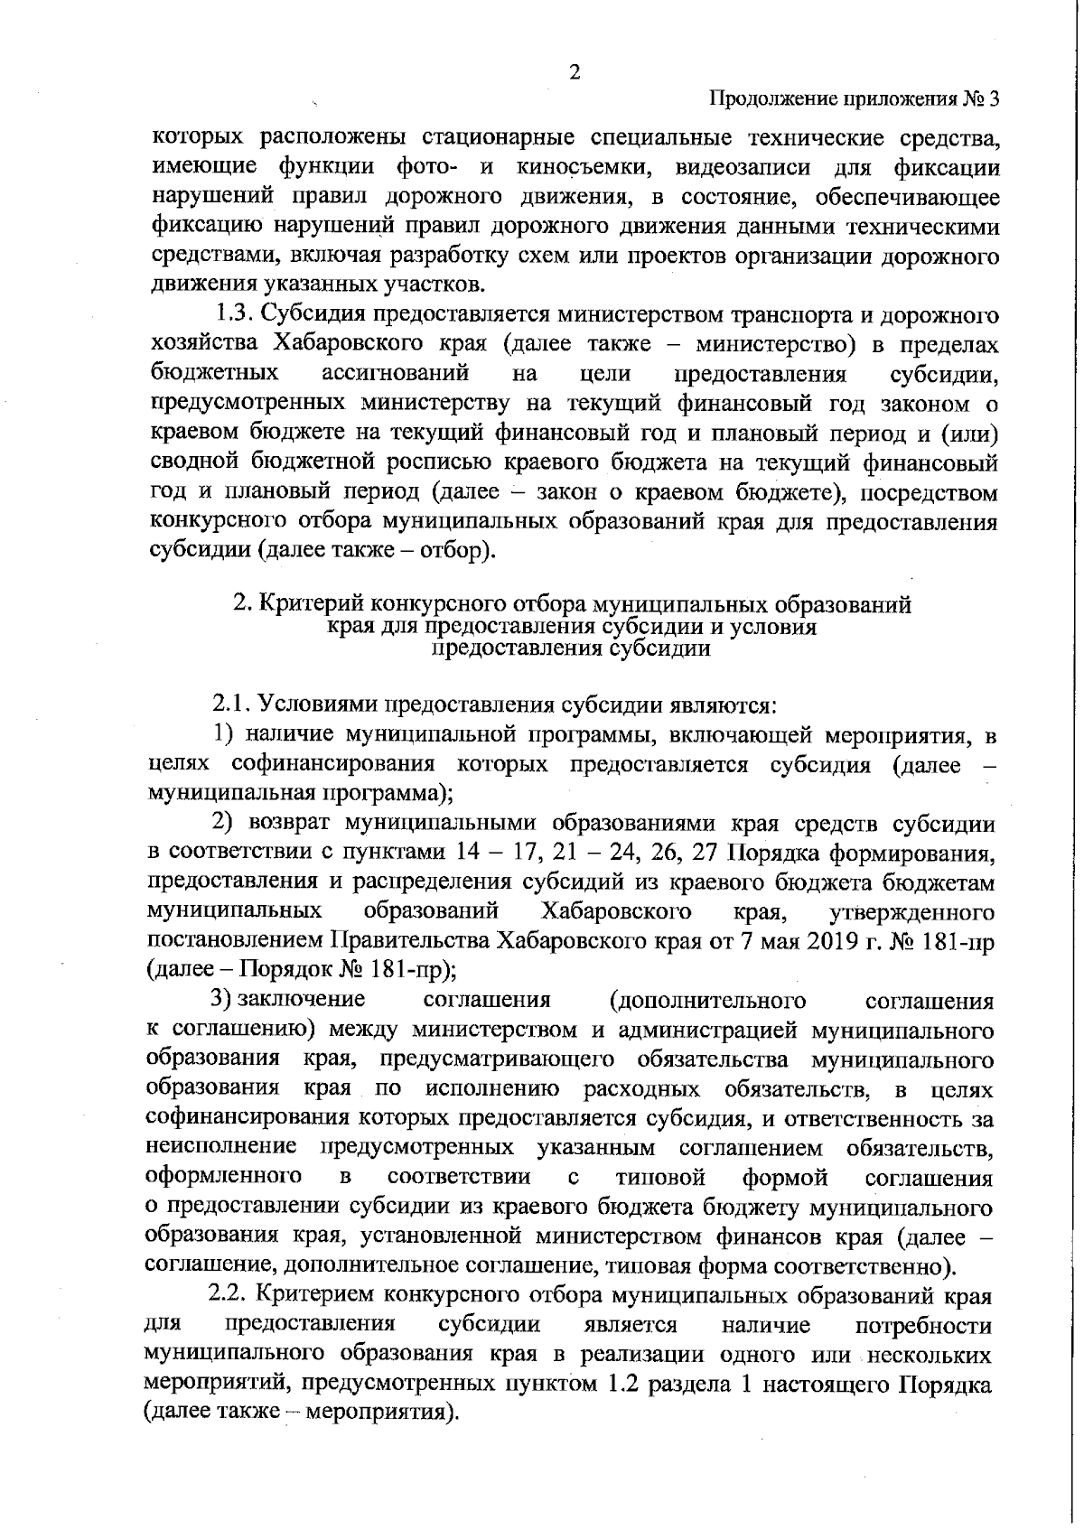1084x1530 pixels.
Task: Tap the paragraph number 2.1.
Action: click(x=228, y=704)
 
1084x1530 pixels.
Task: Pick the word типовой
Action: click(x=659, y=1179)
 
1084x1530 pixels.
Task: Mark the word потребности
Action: click(x=922, y=1326)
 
